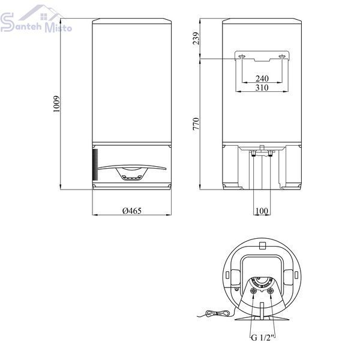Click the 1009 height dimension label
[56, 104]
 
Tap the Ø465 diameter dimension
[132, 211]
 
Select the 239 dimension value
[196, 38]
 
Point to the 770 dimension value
[196, 124]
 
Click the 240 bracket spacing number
[262, 79]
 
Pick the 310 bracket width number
[262, 88]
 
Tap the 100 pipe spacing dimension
[262, 211]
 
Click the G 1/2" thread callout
[263, 338]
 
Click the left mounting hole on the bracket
[242, 56]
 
